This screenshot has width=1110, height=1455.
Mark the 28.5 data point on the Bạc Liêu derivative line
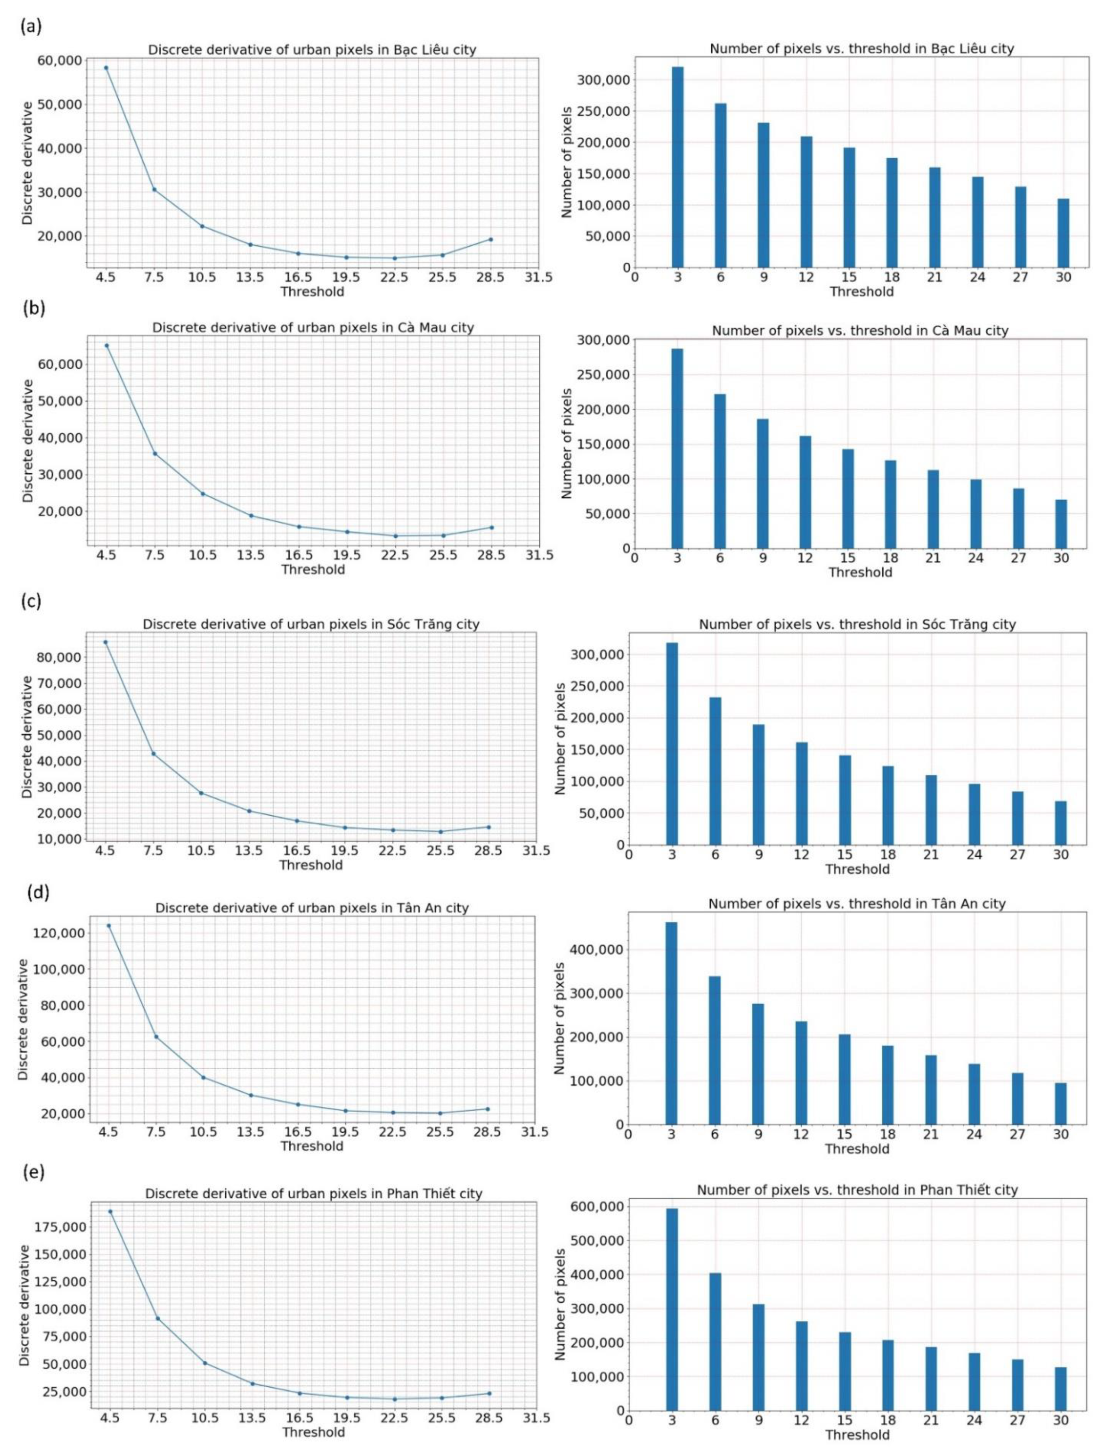[x=490, y=239]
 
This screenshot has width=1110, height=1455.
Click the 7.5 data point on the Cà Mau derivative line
[x=155, y=454]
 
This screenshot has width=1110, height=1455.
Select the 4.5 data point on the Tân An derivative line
[x=109, y=926]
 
